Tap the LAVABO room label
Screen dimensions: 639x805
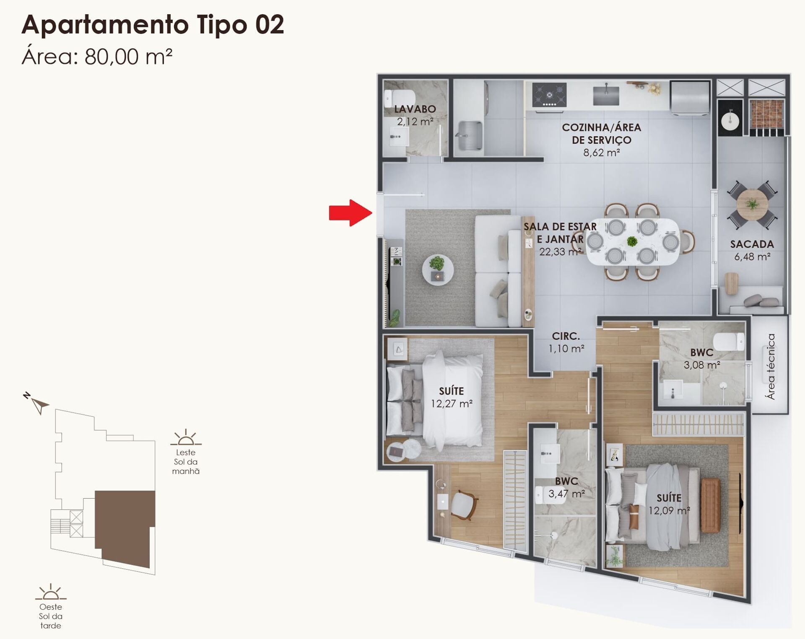(x=415, y=109)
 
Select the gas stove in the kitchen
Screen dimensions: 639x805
(x=549, y=95)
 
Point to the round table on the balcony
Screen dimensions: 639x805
(x=752, y=204)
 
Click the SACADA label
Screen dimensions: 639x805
(x=752, y=244)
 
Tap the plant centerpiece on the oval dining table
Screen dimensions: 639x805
(x=632, y=241)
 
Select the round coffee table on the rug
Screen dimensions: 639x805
(x=437, y=269)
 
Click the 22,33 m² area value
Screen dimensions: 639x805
(x=560, y=252)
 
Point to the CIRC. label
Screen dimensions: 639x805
(x=566, y=336)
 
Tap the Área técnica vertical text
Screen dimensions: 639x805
(x=771, y=366)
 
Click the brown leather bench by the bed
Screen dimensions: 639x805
(x=710, y=505)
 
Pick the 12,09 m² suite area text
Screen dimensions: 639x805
(x=669, y=511)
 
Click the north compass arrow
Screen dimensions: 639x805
(x=40, y=405)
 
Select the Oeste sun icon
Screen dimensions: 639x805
(x=51, y=592)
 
